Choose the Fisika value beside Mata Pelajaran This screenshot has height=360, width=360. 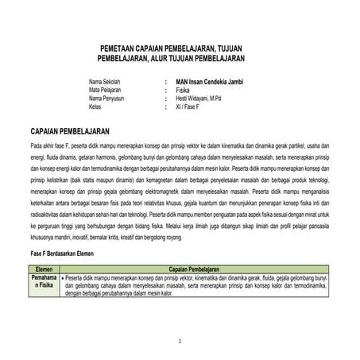(184, 91)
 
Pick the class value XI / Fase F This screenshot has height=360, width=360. (190, 106)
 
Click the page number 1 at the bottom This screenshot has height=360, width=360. (180, 342)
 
